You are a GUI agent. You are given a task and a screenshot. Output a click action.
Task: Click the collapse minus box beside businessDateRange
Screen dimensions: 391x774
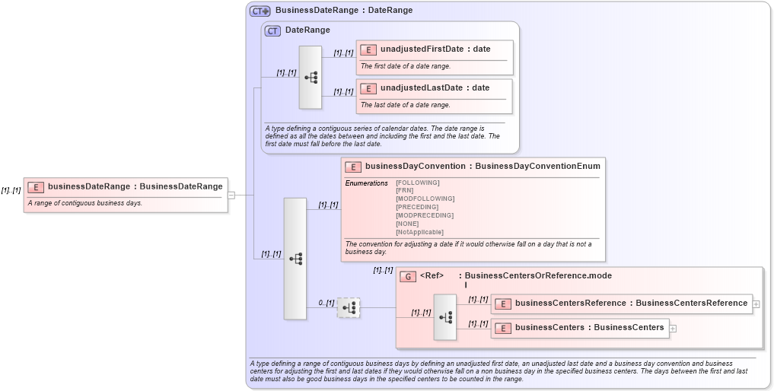(231, 195)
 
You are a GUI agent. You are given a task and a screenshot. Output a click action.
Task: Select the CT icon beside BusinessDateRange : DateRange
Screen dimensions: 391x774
(260, 11)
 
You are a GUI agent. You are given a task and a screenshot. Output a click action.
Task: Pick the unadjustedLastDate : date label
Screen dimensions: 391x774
(435, 88)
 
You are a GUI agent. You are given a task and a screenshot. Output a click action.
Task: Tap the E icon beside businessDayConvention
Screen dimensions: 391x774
(352, 167)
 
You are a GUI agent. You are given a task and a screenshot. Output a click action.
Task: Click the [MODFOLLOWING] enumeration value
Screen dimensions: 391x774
(425, 199)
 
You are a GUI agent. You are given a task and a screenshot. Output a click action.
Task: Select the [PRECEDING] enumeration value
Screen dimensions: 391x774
(417, 207)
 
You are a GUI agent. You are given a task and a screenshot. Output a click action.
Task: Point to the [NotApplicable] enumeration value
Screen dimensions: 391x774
(419, 232)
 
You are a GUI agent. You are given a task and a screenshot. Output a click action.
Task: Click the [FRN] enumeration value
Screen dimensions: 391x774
(405, 190)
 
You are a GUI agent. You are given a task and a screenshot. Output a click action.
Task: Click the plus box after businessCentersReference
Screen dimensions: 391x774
(756, 304)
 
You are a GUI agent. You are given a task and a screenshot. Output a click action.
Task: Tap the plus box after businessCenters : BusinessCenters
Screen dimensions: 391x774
(673, 328)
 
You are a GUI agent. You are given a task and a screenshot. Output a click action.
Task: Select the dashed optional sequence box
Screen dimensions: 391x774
(349, 307)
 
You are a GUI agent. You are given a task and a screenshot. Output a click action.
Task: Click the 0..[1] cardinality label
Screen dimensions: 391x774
(326, 303)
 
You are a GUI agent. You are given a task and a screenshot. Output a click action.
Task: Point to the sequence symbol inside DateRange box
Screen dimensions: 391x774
(311, 77)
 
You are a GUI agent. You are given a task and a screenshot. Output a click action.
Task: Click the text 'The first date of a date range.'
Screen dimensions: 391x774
(406, 66)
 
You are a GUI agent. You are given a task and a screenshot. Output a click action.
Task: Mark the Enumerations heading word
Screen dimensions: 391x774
(366, 183)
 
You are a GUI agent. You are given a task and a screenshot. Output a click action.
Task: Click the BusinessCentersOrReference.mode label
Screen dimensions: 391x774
(537, 276)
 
